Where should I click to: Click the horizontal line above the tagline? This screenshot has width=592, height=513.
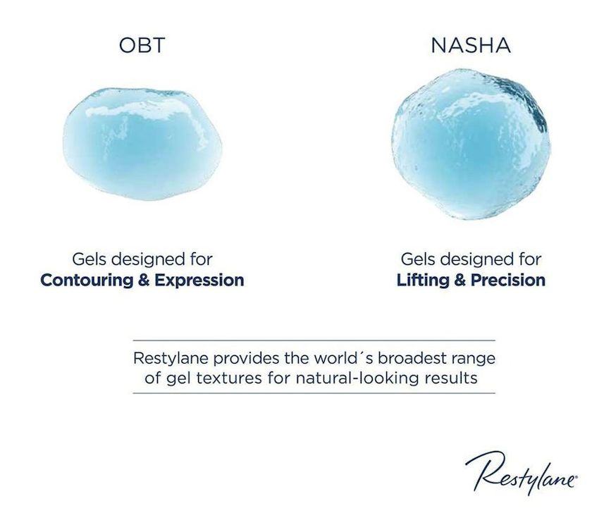314,340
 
